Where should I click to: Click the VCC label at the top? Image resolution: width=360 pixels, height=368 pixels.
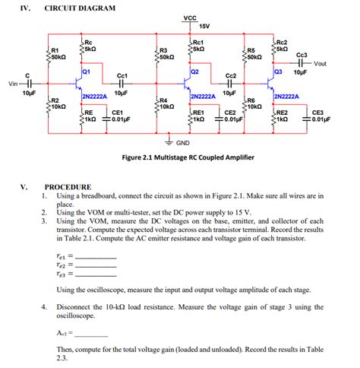190,17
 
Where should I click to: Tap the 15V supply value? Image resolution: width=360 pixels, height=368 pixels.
204,27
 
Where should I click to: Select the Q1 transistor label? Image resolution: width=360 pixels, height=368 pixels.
86,71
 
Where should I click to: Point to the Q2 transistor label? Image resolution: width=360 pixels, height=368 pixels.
195,71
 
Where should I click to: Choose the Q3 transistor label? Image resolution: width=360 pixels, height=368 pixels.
278,71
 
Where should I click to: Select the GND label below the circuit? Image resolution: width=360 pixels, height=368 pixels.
204,143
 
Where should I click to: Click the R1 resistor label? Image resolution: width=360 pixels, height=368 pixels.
55,50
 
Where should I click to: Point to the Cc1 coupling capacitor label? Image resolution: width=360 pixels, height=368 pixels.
122,76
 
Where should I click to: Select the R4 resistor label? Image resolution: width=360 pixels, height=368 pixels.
163,100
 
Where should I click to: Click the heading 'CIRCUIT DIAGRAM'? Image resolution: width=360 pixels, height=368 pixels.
81,8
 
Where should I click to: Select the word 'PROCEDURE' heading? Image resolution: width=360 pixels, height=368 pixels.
68,186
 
